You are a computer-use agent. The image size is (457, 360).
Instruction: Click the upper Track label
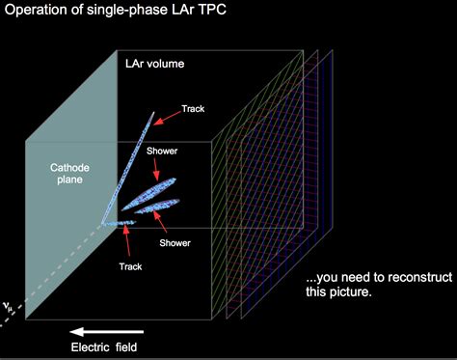(x=193, y=109)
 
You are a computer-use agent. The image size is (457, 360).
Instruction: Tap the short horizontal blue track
(x=118, y=223)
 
